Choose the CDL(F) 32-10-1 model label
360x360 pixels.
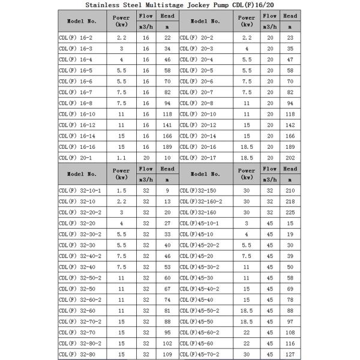click(x=80, y=190)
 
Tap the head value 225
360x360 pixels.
click(x=290, y=212)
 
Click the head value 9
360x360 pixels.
click(x=167, y=190)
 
